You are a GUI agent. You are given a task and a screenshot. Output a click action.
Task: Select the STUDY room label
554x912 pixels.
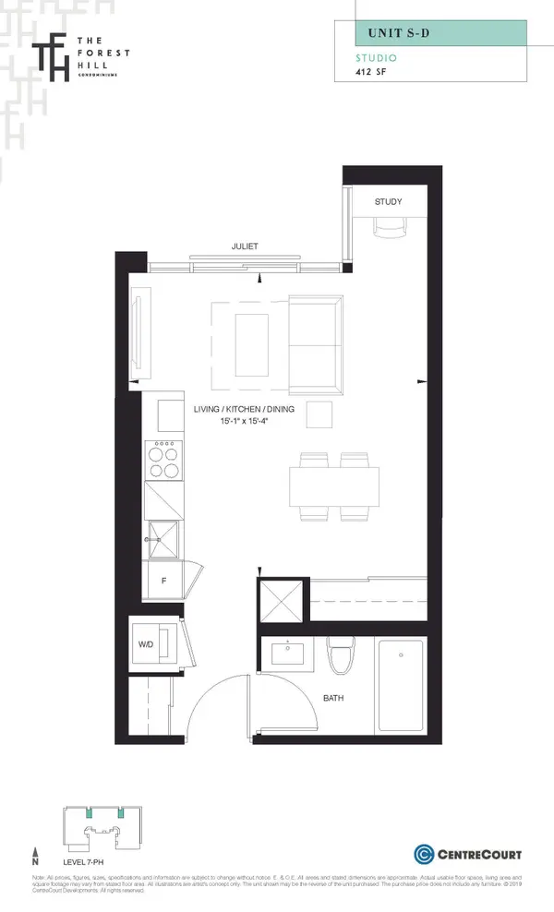coord(388,201)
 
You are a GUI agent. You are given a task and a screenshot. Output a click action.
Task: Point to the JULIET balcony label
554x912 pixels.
coord(245,246)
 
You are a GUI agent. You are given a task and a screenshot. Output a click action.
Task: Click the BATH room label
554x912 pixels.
coord(333,699)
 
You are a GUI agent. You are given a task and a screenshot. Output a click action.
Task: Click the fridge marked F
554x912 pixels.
coord(163,581)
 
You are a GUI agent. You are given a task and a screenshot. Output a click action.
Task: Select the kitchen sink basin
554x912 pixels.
coord(163,534)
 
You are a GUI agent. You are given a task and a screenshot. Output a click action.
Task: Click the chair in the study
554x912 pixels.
coord(387,226)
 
